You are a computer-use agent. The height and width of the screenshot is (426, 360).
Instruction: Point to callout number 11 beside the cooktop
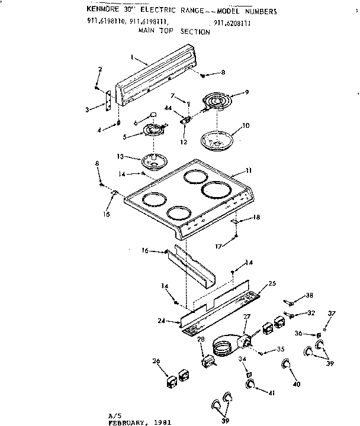(x=248, y=170)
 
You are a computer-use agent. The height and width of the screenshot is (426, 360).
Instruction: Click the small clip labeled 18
(x=236, y=221)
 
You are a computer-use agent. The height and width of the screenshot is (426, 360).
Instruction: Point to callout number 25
(x=272, y=284)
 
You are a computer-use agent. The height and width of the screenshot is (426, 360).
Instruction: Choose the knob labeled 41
(x=252, y=385)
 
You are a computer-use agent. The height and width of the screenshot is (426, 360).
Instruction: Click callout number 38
(x=309, y=295)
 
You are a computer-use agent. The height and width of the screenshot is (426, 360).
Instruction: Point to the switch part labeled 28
(x=207, y=360)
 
